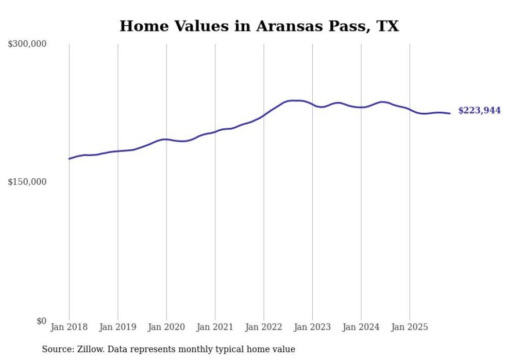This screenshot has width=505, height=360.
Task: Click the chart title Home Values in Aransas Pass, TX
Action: [259, 26]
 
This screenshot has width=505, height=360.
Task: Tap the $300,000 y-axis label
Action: [27, 44]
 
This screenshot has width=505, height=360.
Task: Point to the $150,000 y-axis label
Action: [27, 182]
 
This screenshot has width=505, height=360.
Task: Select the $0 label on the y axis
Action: [41, 321]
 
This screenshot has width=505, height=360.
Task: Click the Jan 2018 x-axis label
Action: [69, 327]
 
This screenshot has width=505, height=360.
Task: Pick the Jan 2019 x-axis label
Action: [117, 327]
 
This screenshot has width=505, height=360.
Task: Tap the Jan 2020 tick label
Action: [166, 327]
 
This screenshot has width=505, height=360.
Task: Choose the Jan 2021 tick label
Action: [215, 327]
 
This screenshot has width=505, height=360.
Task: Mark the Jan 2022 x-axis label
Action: [264, 327]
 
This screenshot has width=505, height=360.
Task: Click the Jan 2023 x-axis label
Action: [312, 327]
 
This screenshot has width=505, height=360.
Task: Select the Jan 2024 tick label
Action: [361, 327]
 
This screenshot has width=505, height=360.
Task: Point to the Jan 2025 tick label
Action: [410, 327]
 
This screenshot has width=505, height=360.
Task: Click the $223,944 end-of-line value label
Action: [479, 110]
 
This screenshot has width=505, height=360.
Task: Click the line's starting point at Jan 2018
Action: [69, 159]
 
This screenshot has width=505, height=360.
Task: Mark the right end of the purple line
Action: [450, 113]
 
